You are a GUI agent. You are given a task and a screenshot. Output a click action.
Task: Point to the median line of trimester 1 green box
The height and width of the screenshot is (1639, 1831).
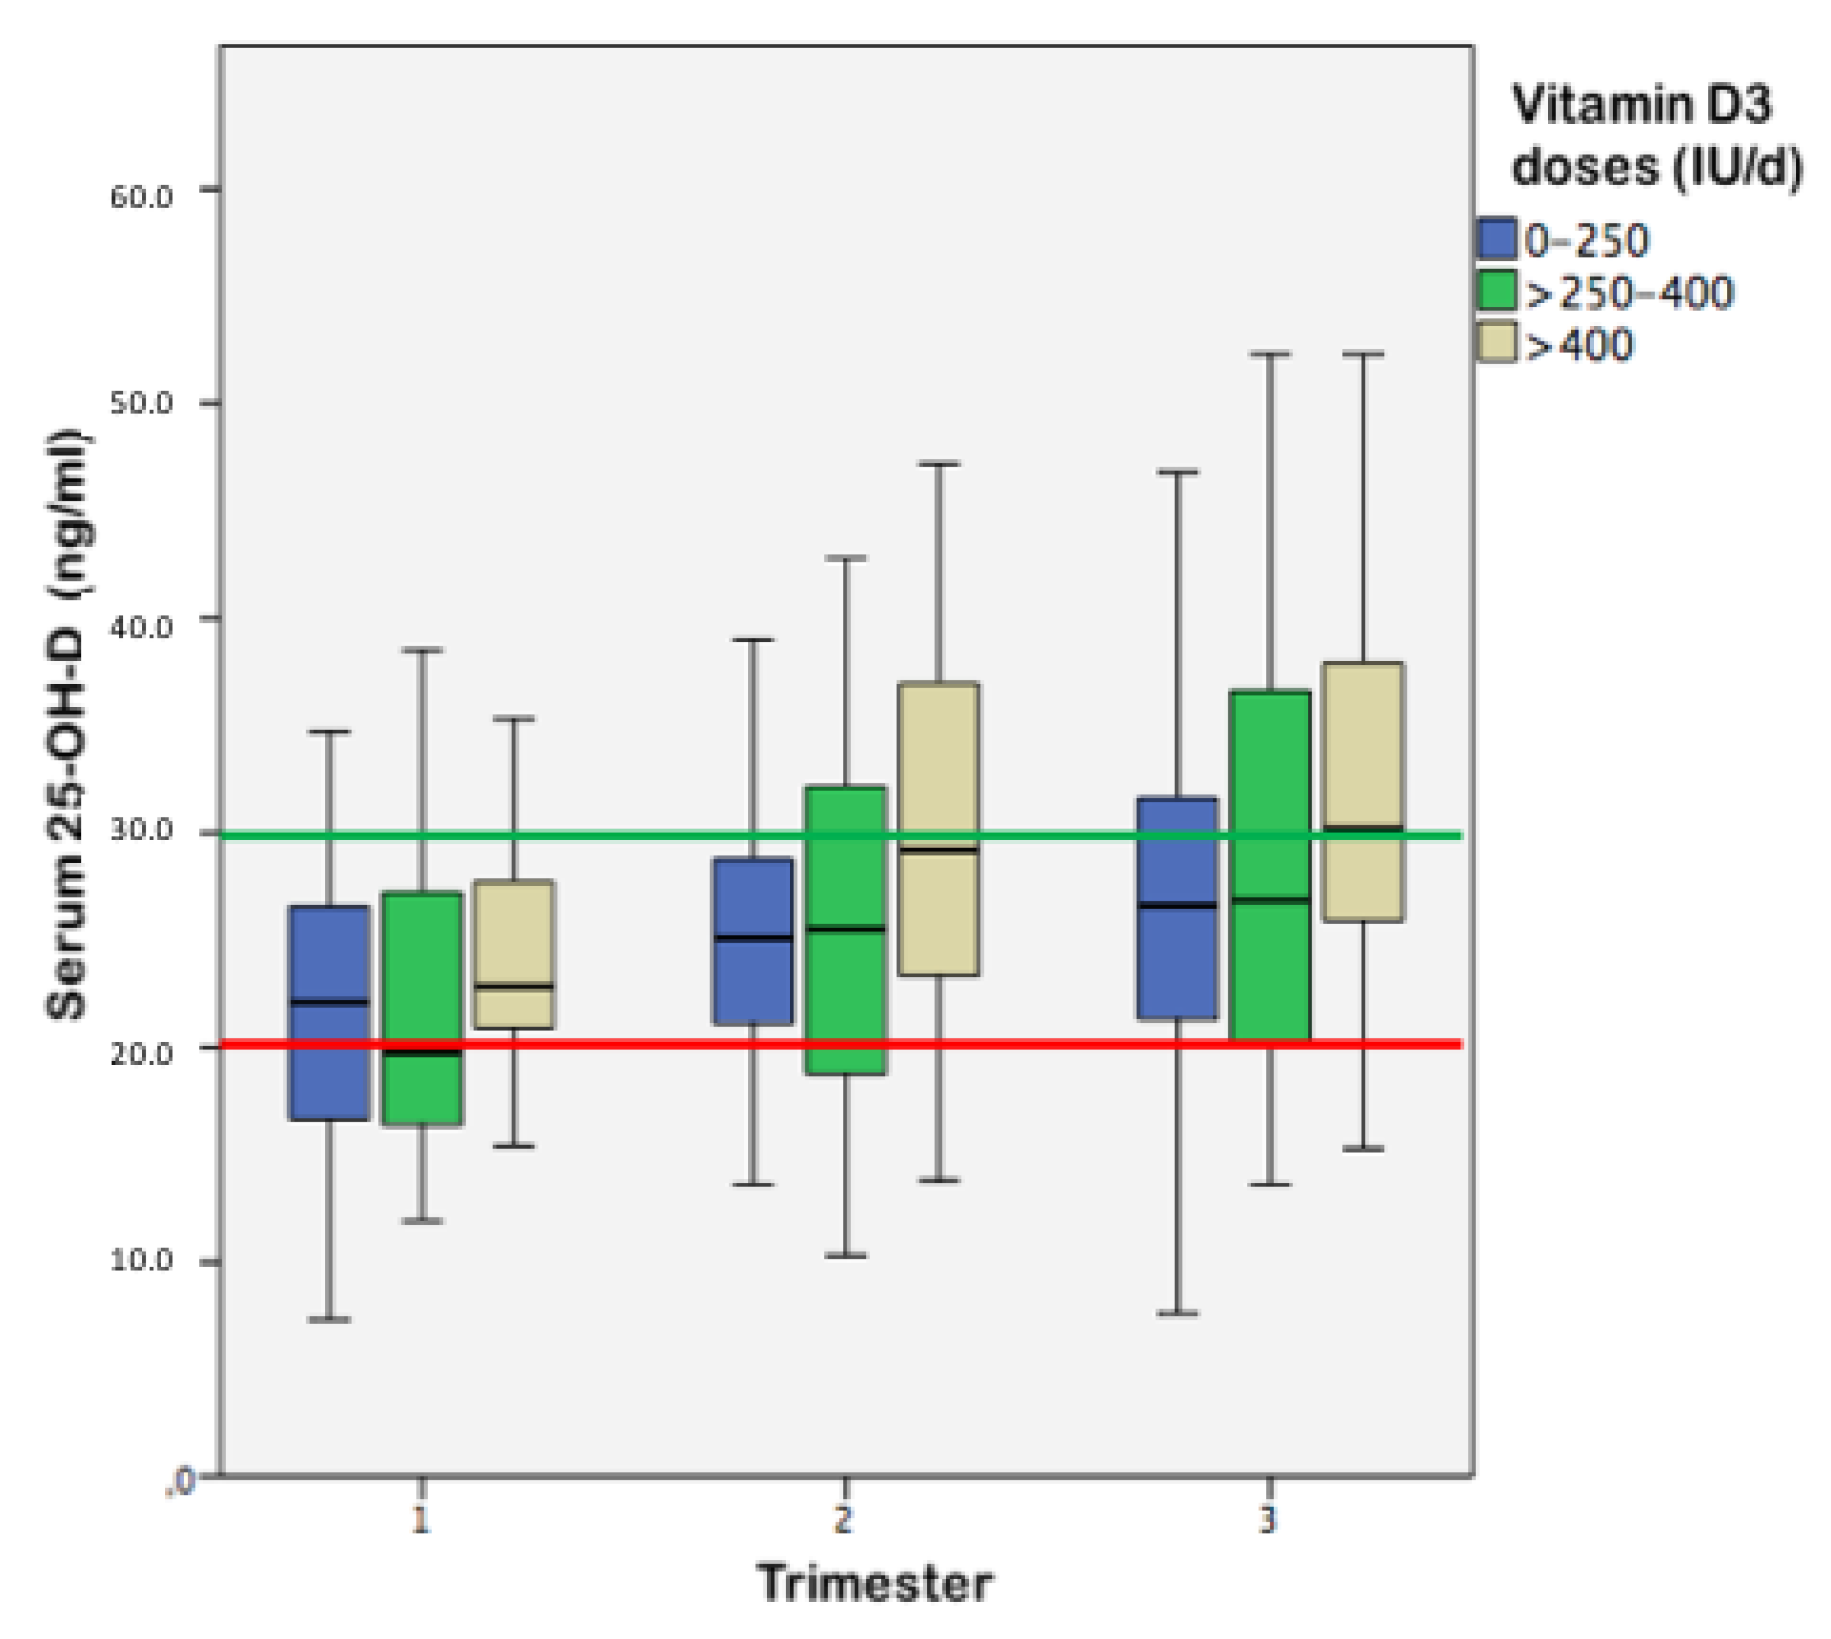pyautogui.click(x=422, y=1052)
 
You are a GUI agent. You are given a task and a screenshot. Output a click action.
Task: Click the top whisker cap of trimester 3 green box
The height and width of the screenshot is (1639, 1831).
pyautogui.click(x=1270, y=354)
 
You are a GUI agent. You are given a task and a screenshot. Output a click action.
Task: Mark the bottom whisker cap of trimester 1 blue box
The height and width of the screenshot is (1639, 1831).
pyautogui.click(x=329, y=1319)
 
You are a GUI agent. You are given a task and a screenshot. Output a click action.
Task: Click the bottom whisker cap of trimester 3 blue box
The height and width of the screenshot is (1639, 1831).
pyautogui.click(x=1177, y=1313)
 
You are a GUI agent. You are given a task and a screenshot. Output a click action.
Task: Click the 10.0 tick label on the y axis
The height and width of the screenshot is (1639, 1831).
pyautogui.click(x=141, y=1261)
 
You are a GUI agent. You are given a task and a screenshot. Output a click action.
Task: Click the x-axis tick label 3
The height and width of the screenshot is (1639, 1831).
pyautogui.click(x=1268, y=1521)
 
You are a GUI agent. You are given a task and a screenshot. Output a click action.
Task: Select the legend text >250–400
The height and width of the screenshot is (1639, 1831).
pyautogui.click(x=1628, y=293)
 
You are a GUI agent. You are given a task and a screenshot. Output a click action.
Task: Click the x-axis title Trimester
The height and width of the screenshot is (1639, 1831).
pyautogui.click(x=874, y=1582)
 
